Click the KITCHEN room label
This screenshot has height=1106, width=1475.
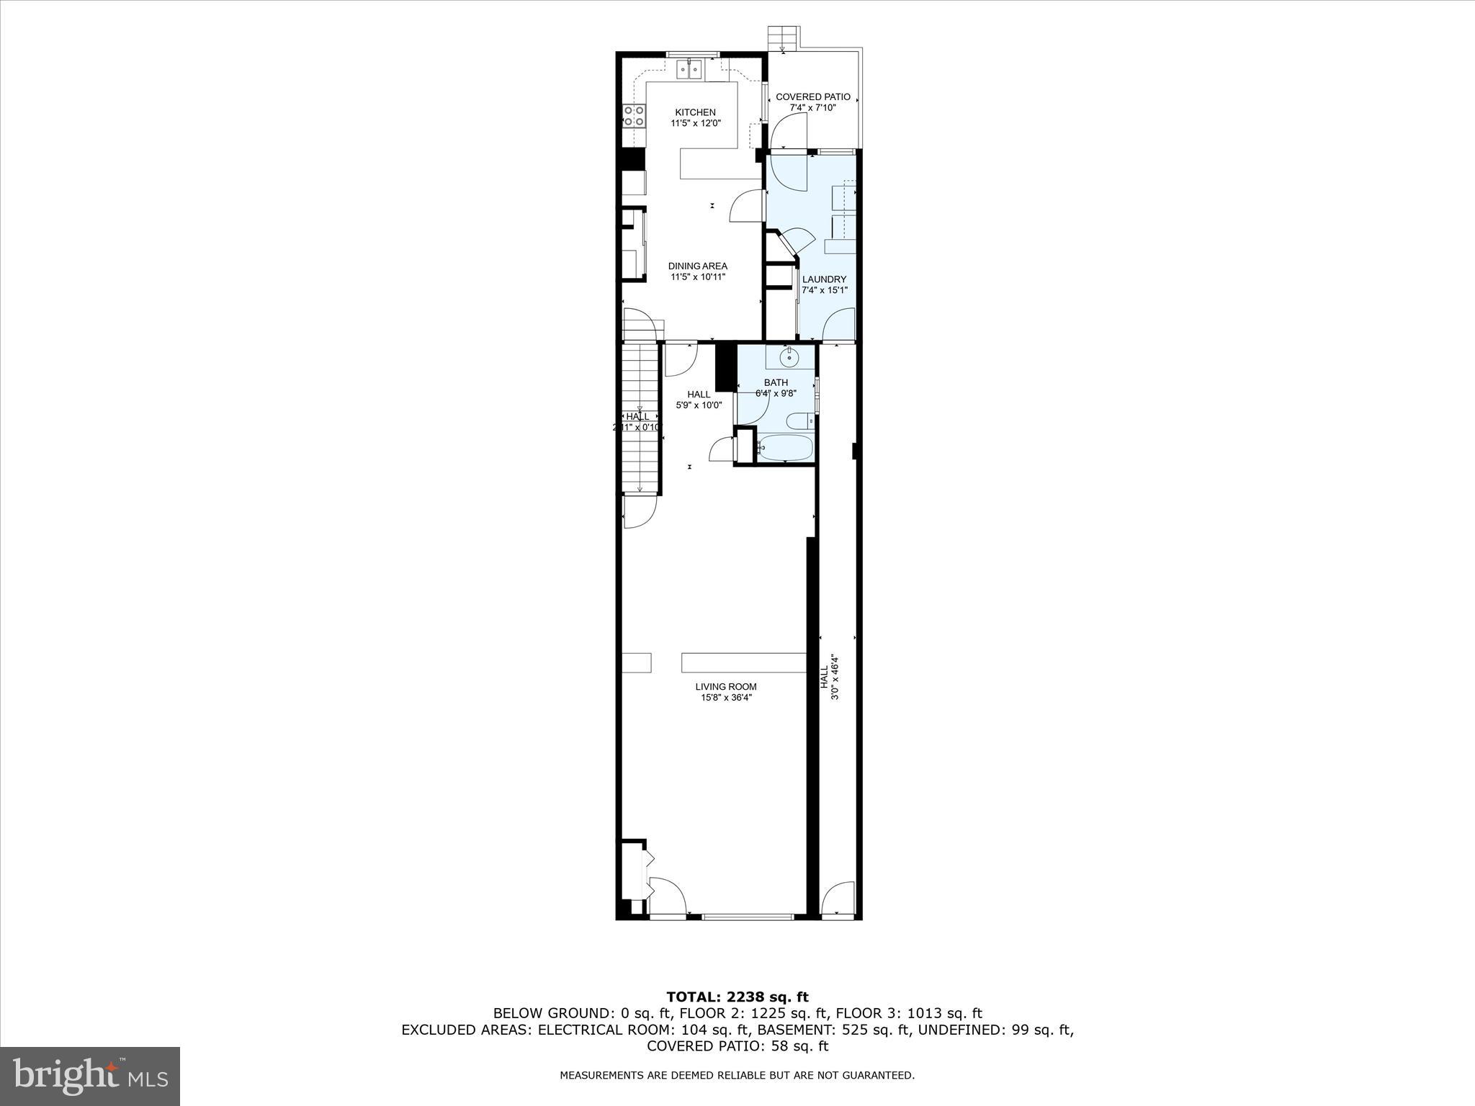(695, 112)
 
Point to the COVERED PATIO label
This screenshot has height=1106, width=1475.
(812, 96)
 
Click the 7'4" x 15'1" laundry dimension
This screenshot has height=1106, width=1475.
(824, 290)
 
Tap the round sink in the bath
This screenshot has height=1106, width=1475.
(790, 356)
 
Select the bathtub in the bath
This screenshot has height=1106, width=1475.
(785, 447)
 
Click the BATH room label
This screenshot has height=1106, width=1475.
(776, 382)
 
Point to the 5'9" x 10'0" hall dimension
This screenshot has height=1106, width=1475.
(698, 405)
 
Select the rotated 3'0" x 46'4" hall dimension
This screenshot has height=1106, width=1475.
(835, 677)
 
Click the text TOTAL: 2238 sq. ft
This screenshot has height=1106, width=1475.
(737, 997)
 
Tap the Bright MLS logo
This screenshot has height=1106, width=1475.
(90, 1076)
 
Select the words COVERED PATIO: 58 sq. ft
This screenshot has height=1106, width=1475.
(737, 1046)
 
